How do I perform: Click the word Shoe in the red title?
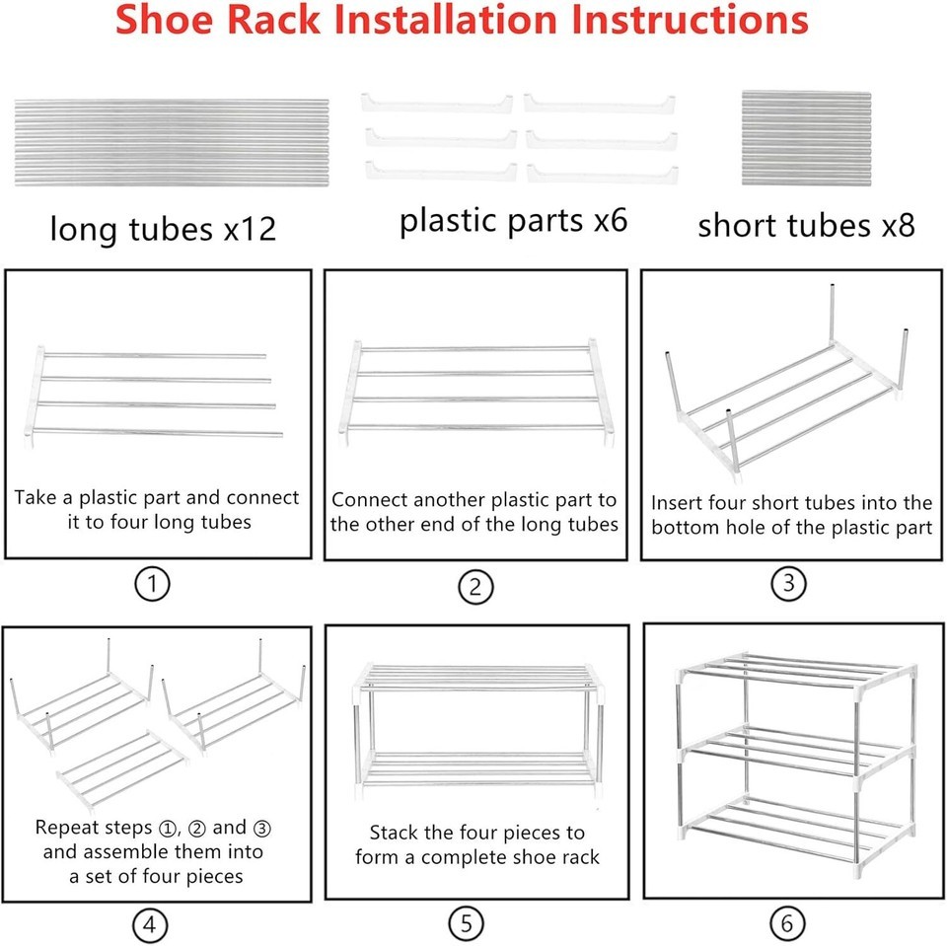tap(164, 19)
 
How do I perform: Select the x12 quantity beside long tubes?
tap(250, 229)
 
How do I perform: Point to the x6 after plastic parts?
tap(610, 220)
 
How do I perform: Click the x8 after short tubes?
tap(898, 225)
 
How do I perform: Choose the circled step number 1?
tap(152, 584)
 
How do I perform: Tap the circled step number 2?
tap(475, 587)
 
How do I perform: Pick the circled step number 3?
tap(789, 584)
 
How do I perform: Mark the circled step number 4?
tap(149, 925)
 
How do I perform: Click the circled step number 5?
tap(467, 923)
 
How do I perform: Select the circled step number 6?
tap(787, 923)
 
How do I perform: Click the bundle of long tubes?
tap(172, 143)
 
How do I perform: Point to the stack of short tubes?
tap(806, 138)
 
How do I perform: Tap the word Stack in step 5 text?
tap(394, 833)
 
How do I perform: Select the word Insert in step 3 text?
tap(677, 503)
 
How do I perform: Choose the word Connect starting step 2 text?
tap(370, 499)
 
